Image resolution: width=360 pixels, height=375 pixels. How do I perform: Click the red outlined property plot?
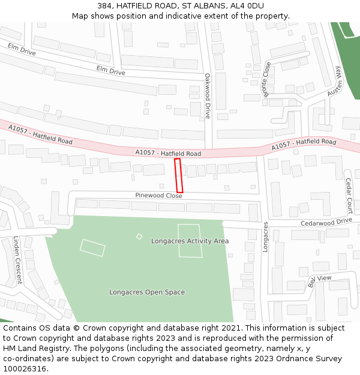[x=178, y=175]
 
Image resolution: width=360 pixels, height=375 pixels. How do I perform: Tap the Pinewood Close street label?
[x=158, y=196]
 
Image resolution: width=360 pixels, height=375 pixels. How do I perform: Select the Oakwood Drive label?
[x=208, y=96]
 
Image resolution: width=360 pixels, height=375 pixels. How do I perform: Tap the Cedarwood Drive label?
[x=326, y=221]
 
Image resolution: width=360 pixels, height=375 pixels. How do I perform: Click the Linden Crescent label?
[x=17, y=260]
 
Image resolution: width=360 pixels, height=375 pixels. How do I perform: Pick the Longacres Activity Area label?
[x=190, y=241]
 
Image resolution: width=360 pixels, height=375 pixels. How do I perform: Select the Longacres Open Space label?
[x=147, y=292]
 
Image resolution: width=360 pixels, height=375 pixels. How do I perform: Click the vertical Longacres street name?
[x=265, y=236]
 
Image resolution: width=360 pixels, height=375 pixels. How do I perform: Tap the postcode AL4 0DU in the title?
[x=247, y=6]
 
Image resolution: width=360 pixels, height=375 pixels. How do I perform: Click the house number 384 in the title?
[x=104, y=6]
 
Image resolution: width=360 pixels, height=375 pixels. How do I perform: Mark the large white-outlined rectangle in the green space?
[x=190, y=241]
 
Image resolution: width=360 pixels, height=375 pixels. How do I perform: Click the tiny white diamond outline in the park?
[x=139, y=236]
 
